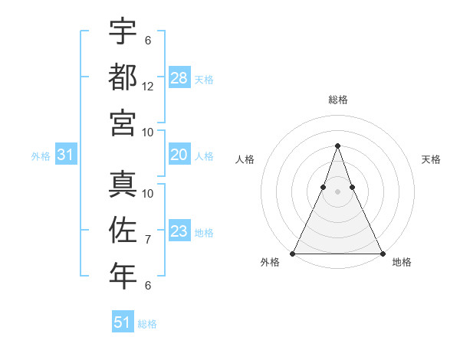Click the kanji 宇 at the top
123,32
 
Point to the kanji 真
123,185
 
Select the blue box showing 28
179,78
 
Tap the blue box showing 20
179,155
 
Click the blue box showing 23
179,232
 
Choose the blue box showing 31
66,155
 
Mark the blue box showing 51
123,322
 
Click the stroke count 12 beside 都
148,86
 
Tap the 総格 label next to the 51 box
147,324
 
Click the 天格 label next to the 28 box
203,79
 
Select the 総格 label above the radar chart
337,100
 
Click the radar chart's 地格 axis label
402,263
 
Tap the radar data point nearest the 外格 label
293,253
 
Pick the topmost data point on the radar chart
337,146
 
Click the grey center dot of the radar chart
337,191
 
